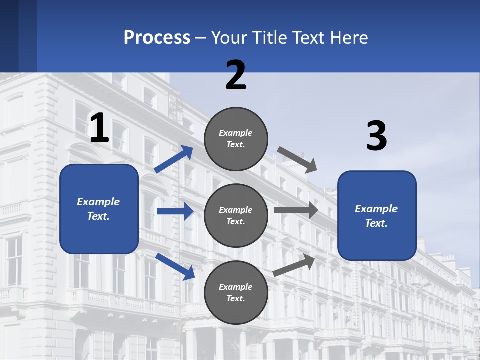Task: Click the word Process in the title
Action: [x=157, y=38]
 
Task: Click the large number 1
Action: [x=99, y=128]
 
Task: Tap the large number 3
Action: [x=376, y=136]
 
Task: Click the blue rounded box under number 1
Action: [x=99, y=209]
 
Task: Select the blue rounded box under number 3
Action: [x=377, y=216]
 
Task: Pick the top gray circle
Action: [x=236, y=139]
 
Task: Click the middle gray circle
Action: [x=236, y=215]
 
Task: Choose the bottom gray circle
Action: [x=236, y=292]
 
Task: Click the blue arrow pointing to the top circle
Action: [x=174, y=159]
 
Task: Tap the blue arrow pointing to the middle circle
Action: [x=175, y=211]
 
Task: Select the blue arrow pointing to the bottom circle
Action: [x=175, y=266]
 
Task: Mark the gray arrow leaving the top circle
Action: [x=297, y=160]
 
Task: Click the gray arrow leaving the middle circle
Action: [x=296, y=210]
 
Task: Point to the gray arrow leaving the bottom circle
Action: [x=294, y=265]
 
